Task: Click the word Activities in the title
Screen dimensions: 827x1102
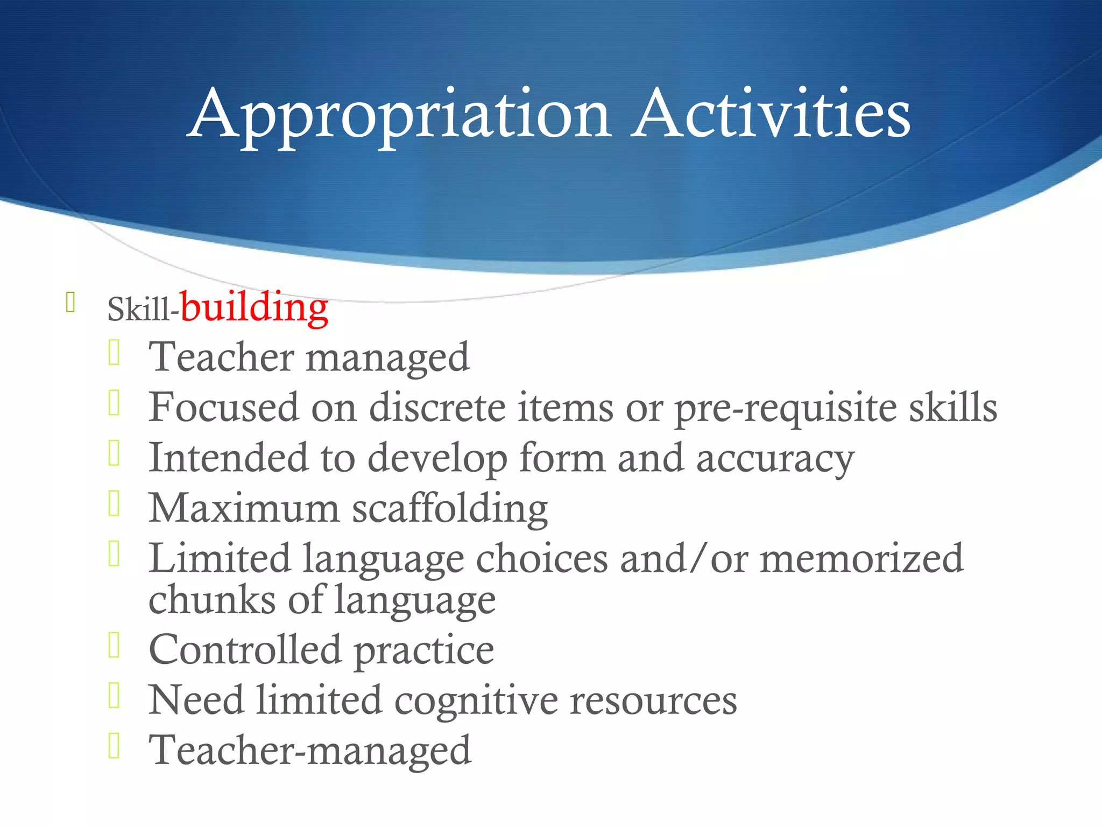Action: (x=771, y=114)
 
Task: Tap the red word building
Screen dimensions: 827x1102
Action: (x=254, y=308)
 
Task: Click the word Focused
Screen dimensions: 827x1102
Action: (x=223, y=408)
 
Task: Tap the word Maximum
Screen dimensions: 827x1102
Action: (x=244, y=508)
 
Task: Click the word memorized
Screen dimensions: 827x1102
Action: (x=861, y=559)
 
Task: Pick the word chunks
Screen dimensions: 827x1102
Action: (x=212, y=600)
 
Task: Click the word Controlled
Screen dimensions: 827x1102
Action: (x=245, y=650)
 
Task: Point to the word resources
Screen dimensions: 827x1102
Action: (x=653, y=701)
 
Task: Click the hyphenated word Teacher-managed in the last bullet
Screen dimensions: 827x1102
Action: (x=310, y=751)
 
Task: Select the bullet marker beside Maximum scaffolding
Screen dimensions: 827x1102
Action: (x=114, y=503)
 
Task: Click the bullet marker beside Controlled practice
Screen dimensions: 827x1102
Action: (x=114, y=645)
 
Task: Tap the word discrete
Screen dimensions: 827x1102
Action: (x=437, y=408)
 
